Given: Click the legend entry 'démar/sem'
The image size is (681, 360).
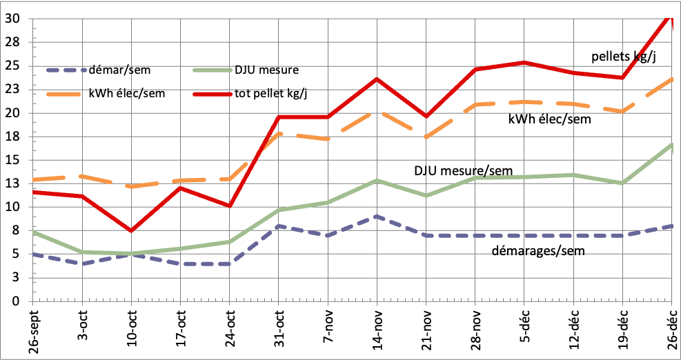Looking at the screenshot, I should tap(115, 70).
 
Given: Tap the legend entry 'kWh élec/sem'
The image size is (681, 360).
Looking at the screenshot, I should tap(127, 94).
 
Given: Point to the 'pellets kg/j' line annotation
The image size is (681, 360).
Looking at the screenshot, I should tap(623, 57).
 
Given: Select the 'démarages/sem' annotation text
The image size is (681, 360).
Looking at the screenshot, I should tap(541, 251).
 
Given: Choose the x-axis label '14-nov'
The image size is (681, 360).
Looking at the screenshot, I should tap(377, 327).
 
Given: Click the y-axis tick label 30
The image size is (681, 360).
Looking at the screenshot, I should tap(12, 19).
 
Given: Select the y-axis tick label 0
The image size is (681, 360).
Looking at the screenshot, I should tap(15, 301).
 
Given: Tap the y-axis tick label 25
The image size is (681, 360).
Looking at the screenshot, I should tap(12, 66).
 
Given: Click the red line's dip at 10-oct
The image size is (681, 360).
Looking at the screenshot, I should tap(131, 230).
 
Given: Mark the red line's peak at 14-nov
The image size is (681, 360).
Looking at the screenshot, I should tap(377, 79).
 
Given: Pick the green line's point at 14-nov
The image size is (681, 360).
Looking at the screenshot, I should tap(377, 181).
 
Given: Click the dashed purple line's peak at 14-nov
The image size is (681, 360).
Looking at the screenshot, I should tap(377, 217).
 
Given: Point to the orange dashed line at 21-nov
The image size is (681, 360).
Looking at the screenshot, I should tap(426, 137).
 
